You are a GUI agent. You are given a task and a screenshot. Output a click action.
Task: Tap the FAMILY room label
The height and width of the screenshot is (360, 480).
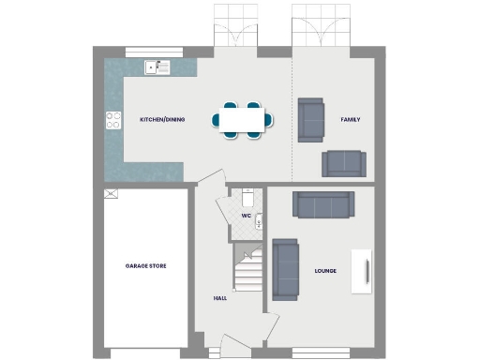click(351, 120)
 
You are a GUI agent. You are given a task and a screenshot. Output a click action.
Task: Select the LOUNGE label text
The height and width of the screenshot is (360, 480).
click(326, 272)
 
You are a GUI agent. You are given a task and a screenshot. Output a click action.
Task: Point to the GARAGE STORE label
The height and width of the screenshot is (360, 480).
click(145, 266)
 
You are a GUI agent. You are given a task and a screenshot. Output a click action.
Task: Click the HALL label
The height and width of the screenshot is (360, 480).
click(220, 298)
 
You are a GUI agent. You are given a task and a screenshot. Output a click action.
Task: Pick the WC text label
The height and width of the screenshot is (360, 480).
click(246, 217)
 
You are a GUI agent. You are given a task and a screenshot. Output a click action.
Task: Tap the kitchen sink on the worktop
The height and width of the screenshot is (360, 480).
click(156, 67)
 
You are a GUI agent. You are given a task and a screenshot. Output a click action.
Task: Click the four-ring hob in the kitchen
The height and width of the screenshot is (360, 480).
click(113, 120)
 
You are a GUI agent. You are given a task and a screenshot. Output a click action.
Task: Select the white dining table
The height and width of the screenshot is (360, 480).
click(243, 120)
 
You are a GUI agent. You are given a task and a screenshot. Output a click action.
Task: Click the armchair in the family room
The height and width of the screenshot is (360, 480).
click(310, 119)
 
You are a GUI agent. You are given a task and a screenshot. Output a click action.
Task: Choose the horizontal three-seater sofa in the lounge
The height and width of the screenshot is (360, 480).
click(323, 204)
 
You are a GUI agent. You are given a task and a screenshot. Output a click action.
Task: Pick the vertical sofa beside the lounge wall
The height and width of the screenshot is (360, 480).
click(285, 268)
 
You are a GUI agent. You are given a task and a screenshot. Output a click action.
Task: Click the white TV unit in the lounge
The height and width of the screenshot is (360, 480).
click(363, 272)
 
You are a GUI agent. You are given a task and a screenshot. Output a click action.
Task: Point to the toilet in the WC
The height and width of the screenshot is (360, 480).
click(247, 198)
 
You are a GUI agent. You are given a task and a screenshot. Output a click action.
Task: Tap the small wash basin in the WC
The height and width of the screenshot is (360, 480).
click(260, 221)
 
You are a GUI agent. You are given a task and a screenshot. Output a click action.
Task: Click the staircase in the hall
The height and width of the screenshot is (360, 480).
click(248, 272)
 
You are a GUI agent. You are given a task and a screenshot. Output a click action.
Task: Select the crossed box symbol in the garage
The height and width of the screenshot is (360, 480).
click(111, 194)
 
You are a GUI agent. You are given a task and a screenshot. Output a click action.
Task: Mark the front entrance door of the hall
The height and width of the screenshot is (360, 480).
click(234, 345)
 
